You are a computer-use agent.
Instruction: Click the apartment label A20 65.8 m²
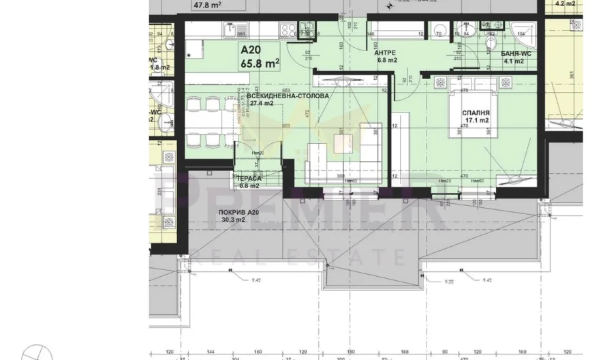click(258, 57)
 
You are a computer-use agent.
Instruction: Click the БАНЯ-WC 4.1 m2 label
click(508, 57)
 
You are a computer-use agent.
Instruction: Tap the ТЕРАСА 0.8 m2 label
click(249, 180)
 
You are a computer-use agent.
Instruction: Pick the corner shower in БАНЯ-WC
click(525, 28)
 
